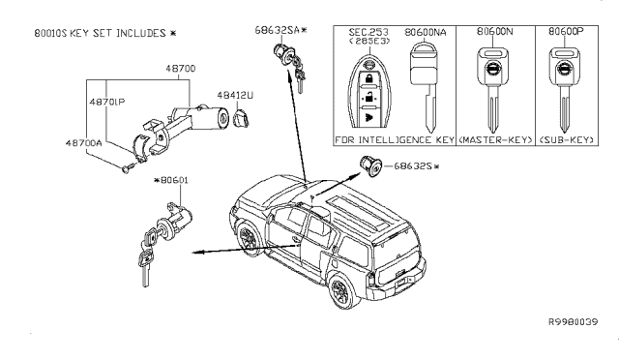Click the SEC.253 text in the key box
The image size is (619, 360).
(368, 32)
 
